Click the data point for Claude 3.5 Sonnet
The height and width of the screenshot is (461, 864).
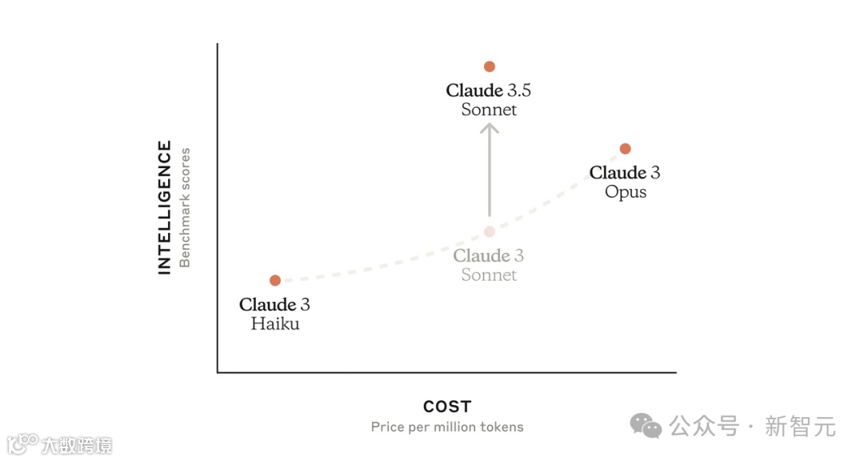tap(490, 66)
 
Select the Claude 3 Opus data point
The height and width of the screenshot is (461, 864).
tap(626, 149)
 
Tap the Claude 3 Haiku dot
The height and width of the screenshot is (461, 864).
tap(275, 280)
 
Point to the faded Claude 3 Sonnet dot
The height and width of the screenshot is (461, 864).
tap(490, 231)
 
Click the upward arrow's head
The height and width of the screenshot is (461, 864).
tap(490, 126)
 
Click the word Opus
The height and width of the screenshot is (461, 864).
tap(626, 192)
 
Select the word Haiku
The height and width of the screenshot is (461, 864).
tap(275, 324)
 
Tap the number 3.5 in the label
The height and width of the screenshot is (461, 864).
tap(519, 90)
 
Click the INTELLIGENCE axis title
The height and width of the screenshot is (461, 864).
tap(165, 207)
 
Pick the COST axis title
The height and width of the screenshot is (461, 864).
tap(447, 407)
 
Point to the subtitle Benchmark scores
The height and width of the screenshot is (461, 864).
tap(185, 207)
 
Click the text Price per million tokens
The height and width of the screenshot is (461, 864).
tap(447, 427)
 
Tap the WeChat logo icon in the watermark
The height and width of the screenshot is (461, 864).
tap(646, 425)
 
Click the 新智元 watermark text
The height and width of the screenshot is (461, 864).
tap(800, 426)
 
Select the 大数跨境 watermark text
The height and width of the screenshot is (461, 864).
tap(77, 445)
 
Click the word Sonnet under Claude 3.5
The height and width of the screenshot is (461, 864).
tap(490, 110)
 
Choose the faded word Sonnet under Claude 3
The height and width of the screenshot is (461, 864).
tap(490, 275)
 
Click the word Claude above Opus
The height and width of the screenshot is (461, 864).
tap(618, 173)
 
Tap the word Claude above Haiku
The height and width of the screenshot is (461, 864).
tap(267, 305)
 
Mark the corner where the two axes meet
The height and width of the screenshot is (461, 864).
tap(218, 372)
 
